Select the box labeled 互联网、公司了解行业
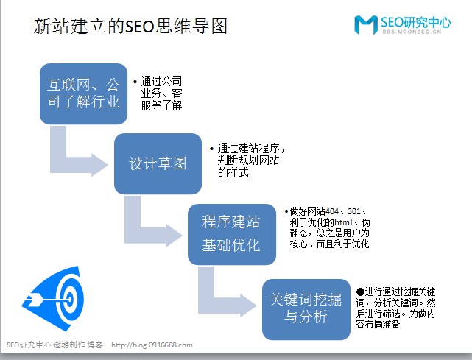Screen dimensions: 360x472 (83, 93)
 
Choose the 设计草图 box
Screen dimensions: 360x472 (158, 163)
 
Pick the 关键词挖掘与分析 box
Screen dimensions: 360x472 (306, 308)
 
